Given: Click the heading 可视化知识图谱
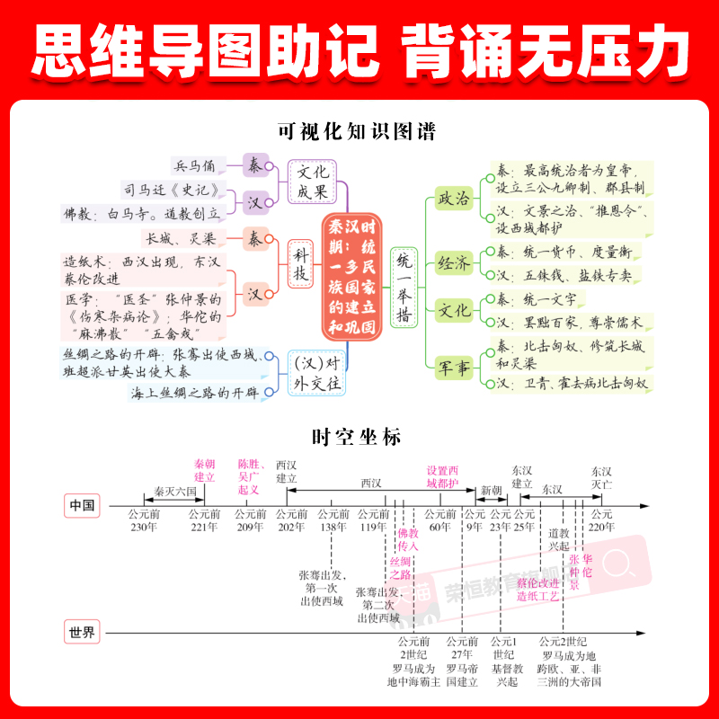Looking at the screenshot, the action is point(359,132).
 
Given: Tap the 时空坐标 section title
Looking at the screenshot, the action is point(358,438).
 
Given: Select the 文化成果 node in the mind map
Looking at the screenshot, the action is point(313,182).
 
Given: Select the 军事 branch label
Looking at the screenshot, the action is point(453,369).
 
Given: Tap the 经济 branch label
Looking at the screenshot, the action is point(453,263).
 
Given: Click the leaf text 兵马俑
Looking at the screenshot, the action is point(195,165).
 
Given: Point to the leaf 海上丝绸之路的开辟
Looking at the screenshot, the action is point(194,393).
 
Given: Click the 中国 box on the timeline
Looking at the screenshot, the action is point(82,505).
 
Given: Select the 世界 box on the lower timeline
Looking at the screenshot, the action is point(82,632).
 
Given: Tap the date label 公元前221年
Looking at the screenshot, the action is point(203,520).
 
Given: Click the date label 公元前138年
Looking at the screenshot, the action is point(333,520).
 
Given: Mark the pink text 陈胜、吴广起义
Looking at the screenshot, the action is point(248,476).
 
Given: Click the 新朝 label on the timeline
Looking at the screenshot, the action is point(492,490).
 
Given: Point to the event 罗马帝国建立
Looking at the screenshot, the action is point(461,675).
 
